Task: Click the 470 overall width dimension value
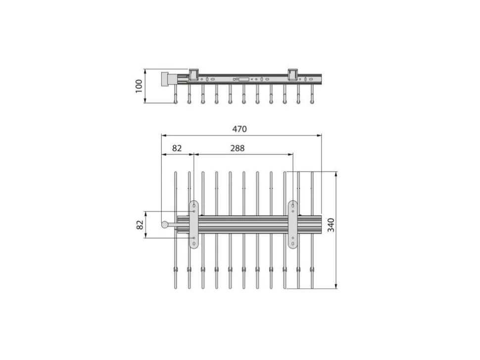pos(239,129)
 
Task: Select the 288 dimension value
pos(238,148)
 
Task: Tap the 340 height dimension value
pos(331,225)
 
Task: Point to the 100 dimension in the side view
pos(139,86)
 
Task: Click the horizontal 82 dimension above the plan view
pos(177,148)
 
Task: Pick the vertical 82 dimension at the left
pos(140,225)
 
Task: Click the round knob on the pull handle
pos(165,225)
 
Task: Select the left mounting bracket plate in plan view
pos(194,225)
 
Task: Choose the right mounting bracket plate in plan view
pos(293,225)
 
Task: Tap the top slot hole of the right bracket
pos(293,206)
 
